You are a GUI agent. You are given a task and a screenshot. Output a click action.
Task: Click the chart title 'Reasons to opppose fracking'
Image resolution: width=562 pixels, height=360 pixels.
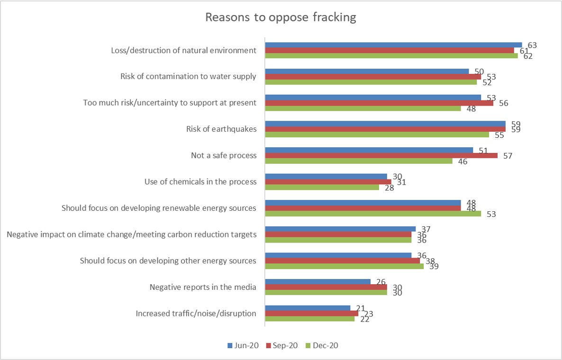[281, 18]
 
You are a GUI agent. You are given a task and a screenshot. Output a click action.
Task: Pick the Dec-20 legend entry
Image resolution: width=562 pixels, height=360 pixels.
[323, 345]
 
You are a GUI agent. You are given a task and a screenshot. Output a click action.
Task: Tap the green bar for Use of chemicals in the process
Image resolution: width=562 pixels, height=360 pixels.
[322, 187]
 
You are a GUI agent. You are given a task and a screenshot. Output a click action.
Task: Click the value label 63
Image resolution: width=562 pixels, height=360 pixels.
[532, 45]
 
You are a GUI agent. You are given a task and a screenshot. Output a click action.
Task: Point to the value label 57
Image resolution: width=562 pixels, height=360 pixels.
[508, 156]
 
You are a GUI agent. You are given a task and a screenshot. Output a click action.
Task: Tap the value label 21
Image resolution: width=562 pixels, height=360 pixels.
[361, 308]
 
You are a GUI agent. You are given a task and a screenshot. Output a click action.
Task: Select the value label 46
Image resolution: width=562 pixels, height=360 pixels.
[463, 162]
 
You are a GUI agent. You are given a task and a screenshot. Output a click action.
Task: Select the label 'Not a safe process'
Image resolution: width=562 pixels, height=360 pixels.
[224, 155]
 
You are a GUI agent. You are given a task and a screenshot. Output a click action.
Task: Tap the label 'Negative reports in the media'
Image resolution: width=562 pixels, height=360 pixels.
[203, 287]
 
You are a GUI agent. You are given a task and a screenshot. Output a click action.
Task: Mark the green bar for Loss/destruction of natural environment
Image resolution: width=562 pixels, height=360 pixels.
[391, 56]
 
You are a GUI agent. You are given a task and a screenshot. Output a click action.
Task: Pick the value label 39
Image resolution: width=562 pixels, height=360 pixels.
[434, 266]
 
